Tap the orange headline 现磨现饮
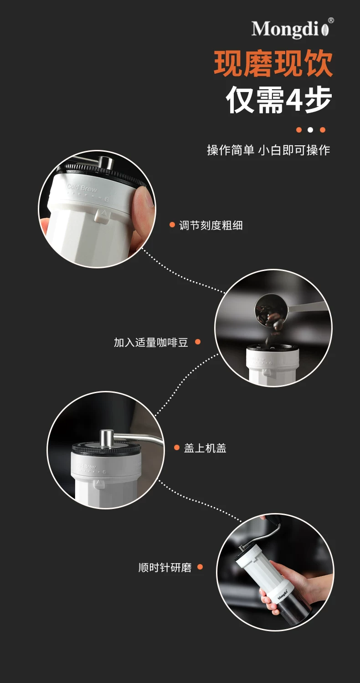pyautogui.click(x=273, y=64)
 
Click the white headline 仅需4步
pyautogui.click(x=279, y=99)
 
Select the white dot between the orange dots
pyautogui.click(x=310, y=130)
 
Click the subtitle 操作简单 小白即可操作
pyautogui.click(x=268, y=150)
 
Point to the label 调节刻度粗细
pyautogui.click(x=211, y=226)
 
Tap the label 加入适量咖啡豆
pyautogui.click(x=151, y=343)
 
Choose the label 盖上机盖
pyautogui.click(x=205, y=448)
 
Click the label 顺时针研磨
pyautogui.click(x=165, y=567)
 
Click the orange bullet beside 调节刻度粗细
pyautogui.click(x=172, y=225)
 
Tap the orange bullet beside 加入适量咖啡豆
pyautogui.click(x=197, y=342)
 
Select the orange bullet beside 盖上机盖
pyautogui.click(x=176, y=447)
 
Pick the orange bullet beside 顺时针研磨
pyautogui.click(x=200, y=567)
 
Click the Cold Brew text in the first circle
pyautogui.click(x=82, y=188)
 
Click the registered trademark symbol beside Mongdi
pyautogui.click(x=331, y=21)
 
